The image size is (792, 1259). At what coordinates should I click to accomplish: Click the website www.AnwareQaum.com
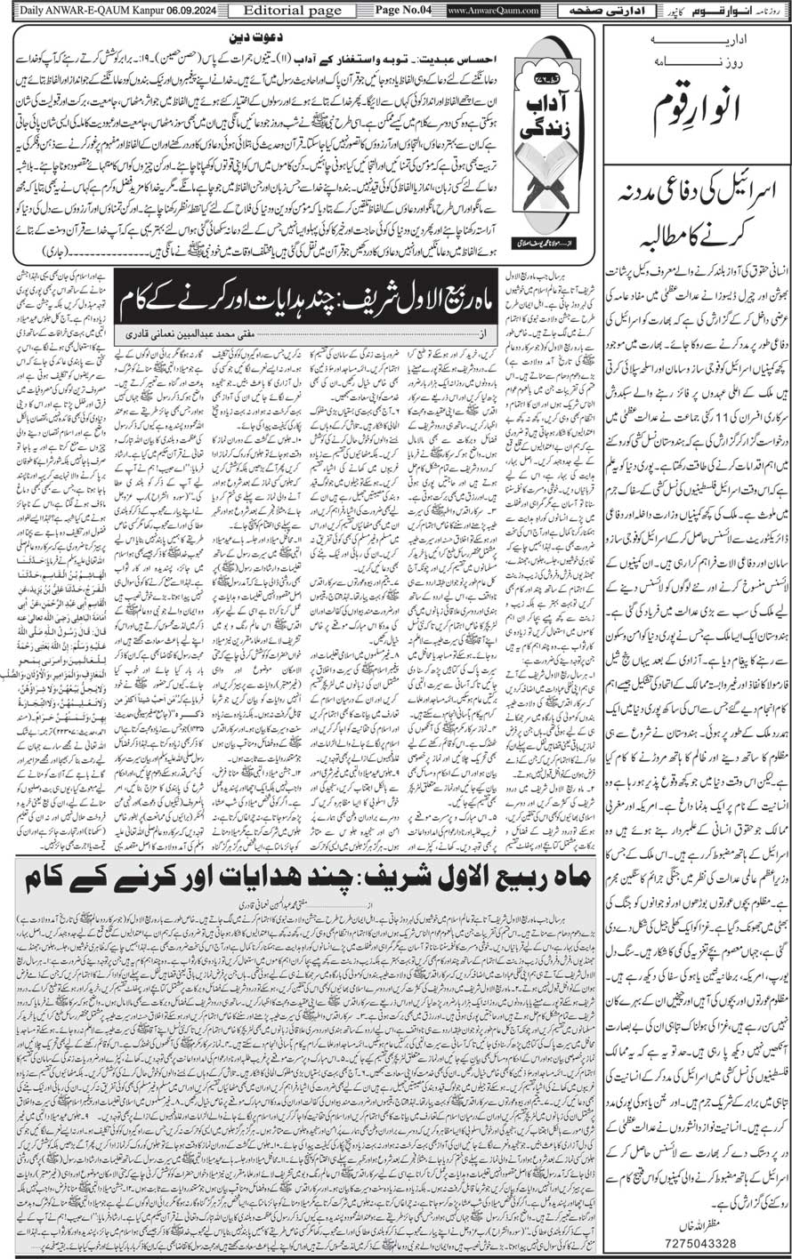coord(481,10)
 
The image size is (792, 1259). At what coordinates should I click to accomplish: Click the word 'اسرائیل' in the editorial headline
coord(748,192)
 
